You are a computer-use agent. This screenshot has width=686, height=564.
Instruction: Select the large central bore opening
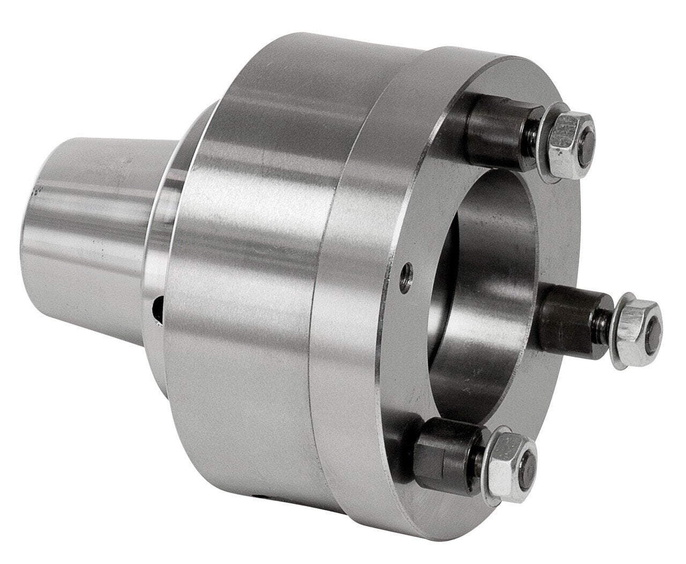tap(480, 271)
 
